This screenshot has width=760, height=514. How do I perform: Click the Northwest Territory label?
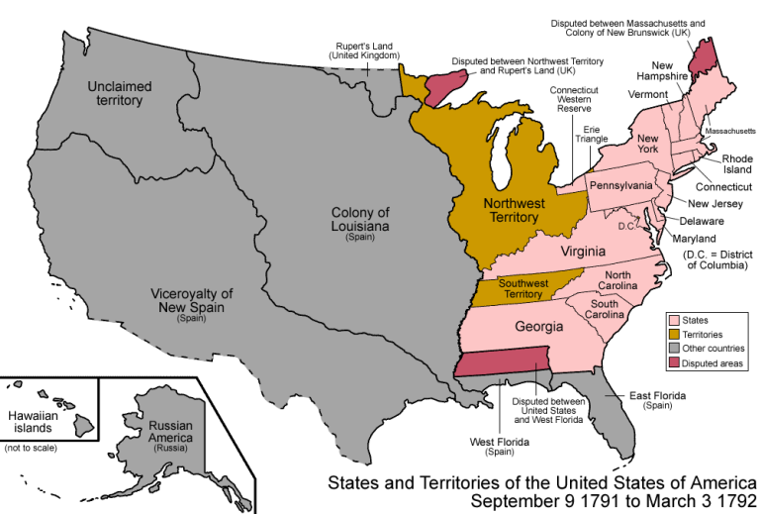(514, 210)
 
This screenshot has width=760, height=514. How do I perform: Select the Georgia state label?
(538, 326)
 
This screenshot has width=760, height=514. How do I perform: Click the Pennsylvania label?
(621, 185)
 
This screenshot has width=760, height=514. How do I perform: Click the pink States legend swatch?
(674, 320)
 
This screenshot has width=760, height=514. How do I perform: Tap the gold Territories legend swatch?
(674, 335)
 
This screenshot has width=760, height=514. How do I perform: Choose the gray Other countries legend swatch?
(674, 349)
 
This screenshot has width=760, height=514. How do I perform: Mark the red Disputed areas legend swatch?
(674, 363)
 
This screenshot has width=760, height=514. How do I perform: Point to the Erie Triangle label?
(593, 134)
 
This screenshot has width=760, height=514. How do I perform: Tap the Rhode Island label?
(736, 163)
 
